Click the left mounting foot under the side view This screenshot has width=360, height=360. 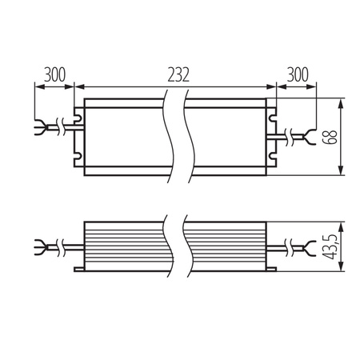point(80,274)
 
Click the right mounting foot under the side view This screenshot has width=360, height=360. point(272,274)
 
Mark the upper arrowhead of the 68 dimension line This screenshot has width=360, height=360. point(342,102)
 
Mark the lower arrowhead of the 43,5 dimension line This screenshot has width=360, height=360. point(342,273)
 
